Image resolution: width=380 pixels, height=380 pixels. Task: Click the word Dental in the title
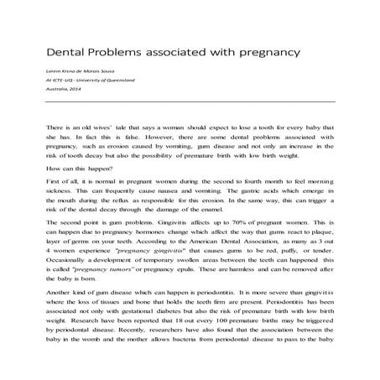click(x=65, y=54)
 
